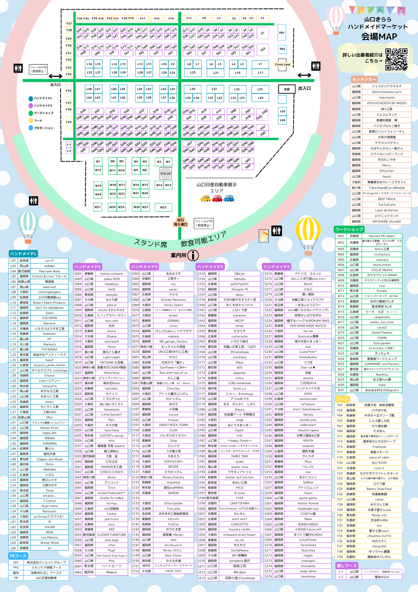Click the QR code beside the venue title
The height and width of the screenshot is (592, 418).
(396, 58)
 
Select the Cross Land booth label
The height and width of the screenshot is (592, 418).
(283, 64)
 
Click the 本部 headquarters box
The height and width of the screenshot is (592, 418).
(286, 89)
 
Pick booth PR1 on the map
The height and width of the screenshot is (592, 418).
(282, 33)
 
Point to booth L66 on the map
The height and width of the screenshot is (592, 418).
(283, 120)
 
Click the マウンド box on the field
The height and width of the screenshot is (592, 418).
(165, 173)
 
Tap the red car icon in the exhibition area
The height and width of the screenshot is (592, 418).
(217, 198)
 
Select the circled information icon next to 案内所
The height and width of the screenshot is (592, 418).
(194, 255)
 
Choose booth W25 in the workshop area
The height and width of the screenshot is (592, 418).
(163, 207)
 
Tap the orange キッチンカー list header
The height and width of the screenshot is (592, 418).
(365, 79)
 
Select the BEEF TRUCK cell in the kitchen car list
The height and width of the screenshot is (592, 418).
(387, 199)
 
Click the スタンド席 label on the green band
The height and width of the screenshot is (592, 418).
(151, 242)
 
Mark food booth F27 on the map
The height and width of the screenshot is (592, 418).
(69, 23)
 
